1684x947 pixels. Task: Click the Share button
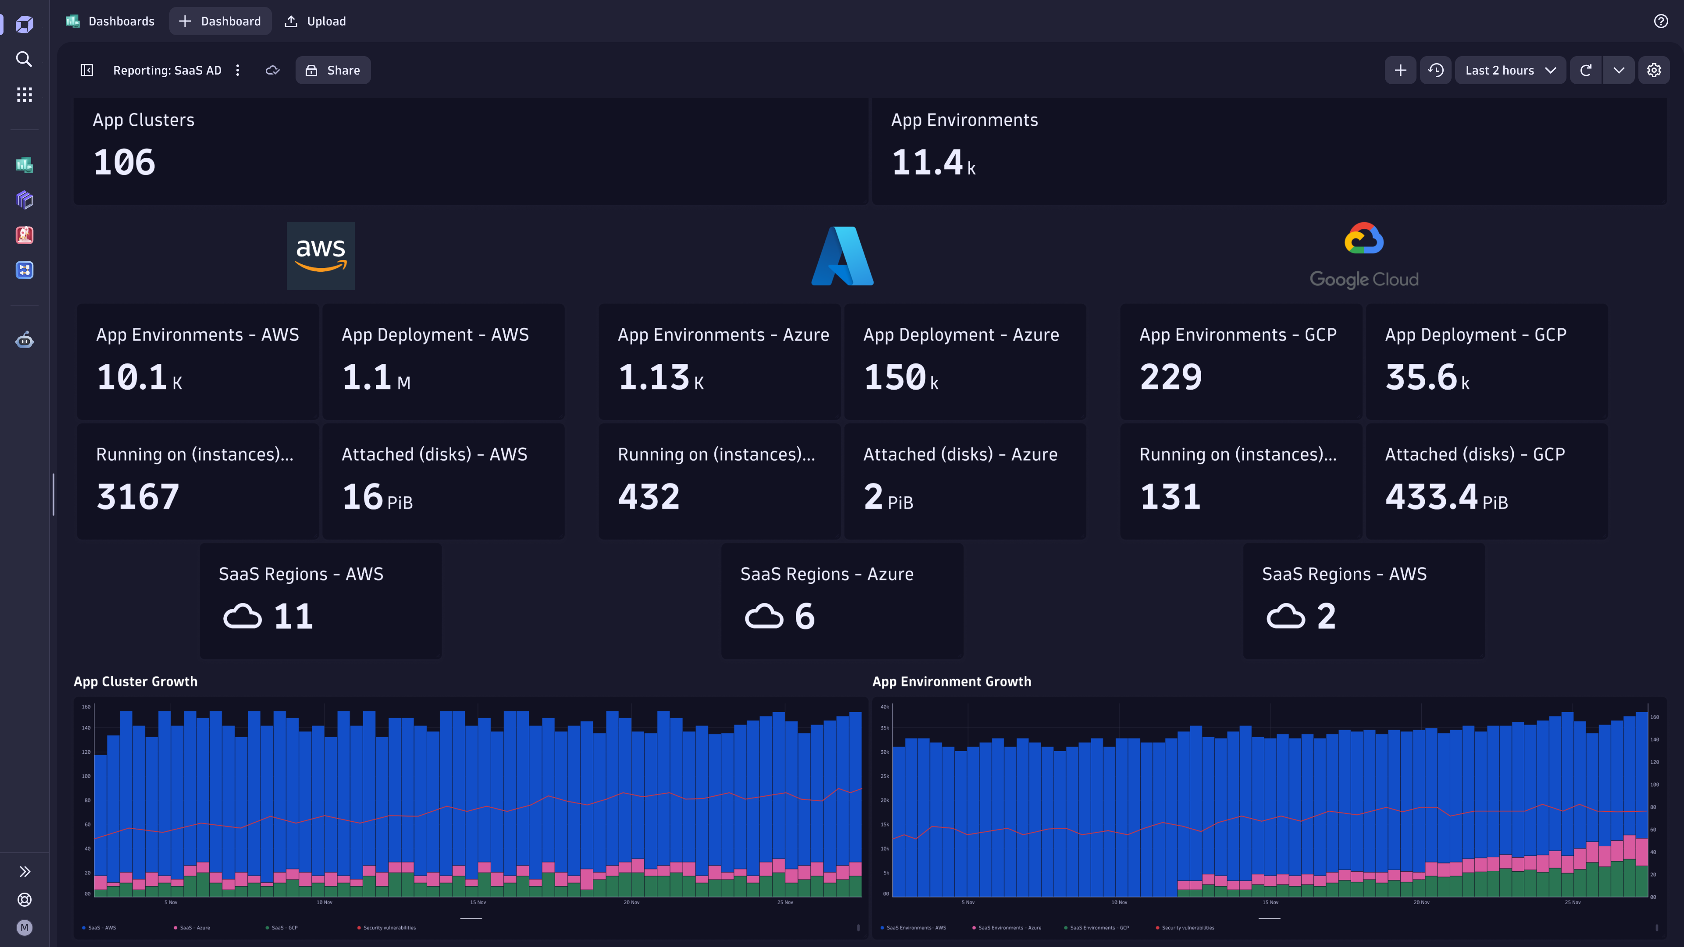point(333,70)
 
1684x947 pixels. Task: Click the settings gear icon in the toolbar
point(1653,70)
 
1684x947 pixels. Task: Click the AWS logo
point(320,256)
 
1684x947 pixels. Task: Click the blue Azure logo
point(842,256)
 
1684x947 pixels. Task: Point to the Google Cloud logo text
point(1364,280)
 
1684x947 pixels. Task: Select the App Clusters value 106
point(124,162)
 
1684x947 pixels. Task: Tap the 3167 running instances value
point(137,497)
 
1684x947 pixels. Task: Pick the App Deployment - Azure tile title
point(960,335)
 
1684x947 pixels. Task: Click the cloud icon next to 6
point(764,616)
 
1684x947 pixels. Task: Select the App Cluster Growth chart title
point(136,681)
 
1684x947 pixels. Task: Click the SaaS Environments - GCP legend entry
point(1098,927)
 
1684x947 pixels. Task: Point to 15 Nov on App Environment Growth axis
point(1270,902)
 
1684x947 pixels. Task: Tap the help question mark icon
point(1660,21)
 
